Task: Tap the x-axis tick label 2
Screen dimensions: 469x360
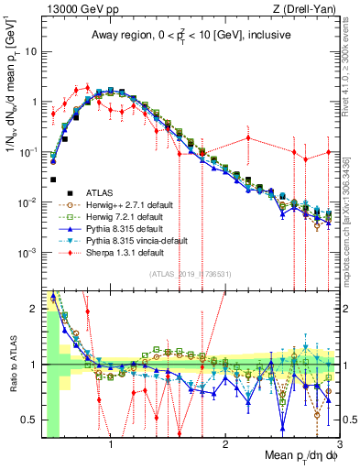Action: (x=225, y=441)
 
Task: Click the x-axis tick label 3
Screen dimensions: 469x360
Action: (x=338, y=441)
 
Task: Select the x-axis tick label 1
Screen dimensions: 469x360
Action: (x=111, y=441)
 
